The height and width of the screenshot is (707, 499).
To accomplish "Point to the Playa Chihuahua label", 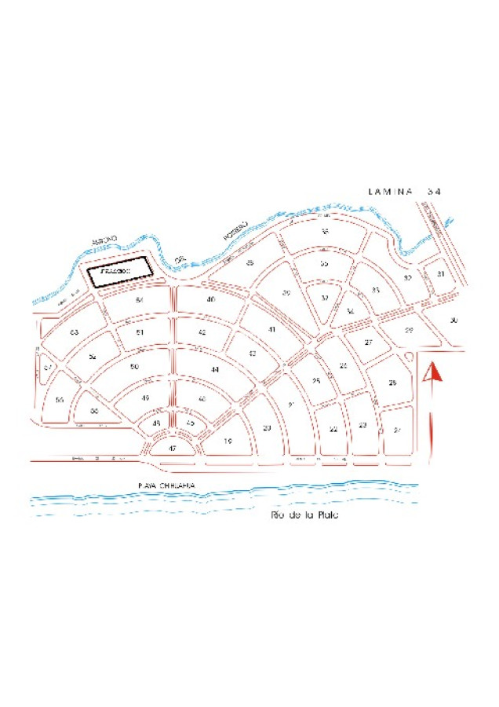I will coord(166,486).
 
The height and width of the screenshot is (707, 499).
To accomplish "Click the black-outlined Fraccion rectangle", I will coord(118,273).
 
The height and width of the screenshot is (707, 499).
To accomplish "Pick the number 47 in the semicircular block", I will coord(173,448).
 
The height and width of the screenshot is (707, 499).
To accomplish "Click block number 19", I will coord(228,441).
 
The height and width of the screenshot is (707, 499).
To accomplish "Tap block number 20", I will coord(267,427).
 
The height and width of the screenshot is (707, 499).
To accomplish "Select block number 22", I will coord(333,429).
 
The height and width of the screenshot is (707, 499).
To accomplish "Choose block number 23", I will coord(362,425).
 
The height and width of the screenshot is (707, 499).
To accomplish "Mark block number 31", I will coord(441,274).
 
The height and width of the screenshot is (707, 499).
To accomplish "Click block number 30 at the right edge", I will coord(454,320).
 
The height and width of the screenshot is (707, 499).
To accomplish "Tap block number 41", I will coord(272,329).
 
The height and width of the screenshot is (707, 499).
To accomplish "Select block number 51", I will coord(140,332).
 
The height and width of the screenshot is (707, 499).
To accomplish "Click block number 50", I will coord(135,367).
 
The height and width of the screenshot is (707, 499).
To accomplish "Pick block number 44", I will coord(214,369).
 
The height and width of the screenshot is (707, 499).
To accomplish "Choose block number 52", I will coord(93,357).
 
